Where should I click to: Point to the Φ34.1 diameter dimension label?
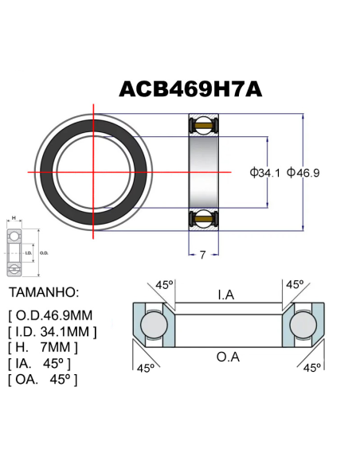point(264,172)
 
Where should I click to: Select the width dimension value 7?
point(203,256)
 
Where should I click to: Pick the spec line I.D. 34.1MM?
point(53,330)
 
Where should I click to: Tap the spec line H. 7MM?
point(43,347)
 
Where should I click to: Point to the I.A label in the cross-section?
point(226,295)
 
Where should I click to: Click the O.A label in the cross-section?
point(228,358)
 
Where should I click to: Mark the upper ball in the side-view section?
point(203,125)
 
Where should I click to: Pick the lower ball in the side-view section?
point(203,218)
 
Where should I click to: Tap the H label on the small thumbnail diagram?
point(14,218)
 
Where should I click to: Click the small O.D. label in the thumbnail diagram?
point(44,252)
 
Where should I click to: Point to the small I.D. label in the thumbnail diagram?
point(29,252)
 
